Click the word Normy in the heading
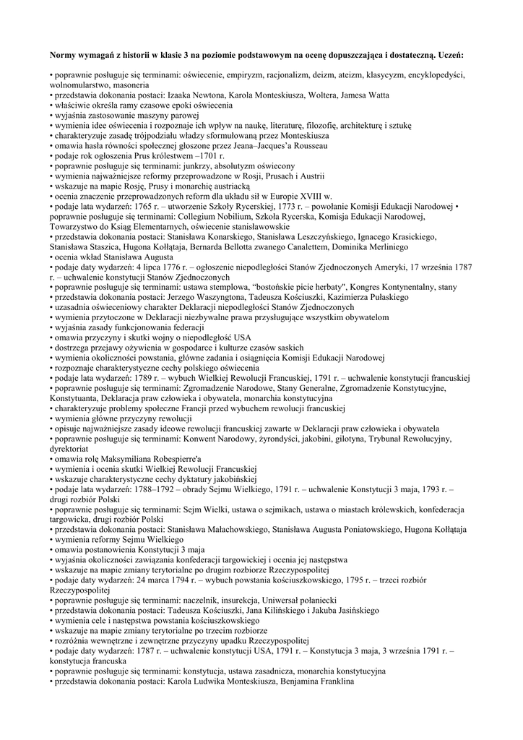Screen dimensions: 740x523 62,54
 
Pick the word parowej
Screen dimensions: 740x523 183,115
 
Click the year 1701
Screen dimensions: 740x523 205,155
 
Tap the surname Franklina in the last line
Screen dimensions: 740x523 330,681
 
